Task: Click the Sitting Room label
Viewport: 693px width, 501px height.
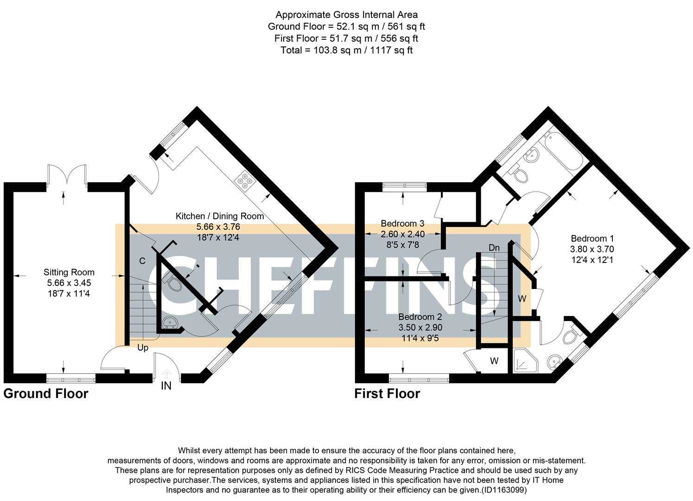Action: coord(69,272)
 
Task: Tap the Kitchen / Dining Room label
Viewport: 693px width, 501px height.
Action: coord(219,216)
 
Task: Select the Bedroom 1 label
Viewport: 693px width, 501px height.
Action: coord(592,238)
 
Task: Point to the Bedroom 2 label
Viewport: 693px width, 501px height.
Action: coord(420,317)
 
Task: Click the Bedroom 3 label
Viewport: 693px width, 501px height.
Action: coord(402,224)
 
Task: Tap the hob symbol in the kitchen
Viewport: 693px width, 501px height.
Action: coord(244,181)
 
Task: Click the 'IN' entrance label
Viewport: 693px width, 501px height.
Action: coord(166,386)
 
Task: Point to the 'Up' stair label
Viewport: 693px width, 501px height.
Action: coord(143,347)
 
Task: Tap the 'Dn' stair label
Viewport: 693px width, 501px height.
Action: coord(494,248)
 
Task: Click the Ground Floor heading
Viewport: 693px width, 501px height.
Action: coord(45,394)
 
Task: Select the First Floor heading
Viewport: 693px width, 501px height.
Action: coord(387,394)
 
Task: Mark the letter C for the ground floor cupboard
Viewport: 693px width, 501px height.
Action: coord(142,261)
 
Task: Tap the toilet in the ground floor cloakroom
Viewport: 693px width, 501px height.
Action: coord(172,283)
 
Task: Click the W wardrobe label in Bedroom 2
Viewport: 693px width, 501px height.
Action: coord(494,361)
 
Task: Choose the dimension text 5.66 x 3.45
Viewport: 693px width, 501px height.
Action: coord(69,283)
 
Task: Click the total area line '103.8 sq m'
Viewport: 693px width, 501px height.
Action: coord(346,50)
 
